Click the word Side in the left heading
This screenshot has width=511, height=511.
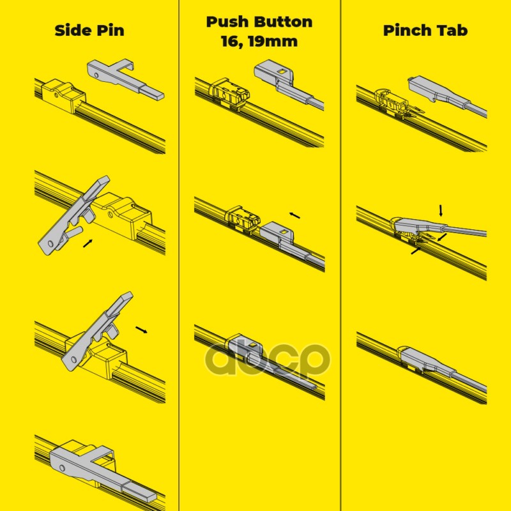[x=72, y=30]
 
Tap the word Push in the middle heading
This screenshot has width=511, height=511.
[x=227, y=22]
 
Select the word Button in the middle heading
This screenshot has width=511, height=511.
[x=283, y=22]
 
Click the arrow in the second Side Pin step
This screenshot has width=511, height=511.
[x=88, y=243]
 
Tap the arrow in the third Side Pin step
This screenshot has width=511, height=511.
[x=141, y=330]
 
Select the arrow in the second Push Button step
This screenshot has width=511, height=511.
[x=294, y=215]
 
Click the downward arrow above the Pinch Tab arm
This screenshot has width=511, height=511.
[x=441, y=211]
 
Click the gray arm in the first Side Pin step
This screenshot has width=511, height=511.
[x=125, y=79]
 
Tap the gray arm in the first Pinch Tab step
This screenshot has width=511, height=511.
[x=446, y=95]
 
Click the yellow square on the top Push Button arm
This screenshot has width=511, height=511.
[x=281, y=72]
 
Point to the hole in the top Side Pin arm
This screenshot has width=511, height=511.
[x=96, y=75]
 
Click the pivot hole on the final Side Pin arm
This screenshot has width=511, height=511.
[x=63, y=468]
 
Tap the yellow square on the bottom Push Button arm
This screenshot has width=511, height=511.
[x=252, y=344]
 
